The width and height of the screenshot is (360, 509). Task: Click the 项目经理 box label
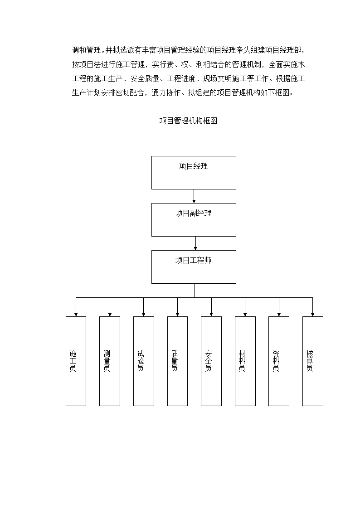[x=193, y=166]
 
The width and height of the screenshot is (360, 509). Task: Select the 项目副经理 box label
[x=193, y=213]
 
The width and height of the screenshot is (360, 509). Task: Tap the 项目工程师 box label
[x=193, y=260]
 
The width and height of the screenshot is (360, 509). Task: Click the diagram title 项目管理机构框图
[x=188, y=121]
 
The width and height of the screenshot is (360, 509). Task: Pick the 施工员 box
[x=76, y=361]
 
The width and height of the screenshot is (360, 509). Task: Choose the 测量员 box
[x=110, y=361]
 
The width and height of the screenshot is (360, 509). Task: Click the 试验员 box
[x=143, y=361]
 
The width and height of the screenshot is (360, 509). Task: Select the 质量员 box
[x=177, y=361]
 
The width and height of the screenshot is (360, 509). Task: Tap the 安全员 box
[x=211, y=361]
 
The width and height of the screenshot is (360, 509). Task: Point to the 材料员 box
[x=245, y=361]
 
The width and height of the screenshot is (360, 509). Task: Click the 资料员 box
[x=279, y=361]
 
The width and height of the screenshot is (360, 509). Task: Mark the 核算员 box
[x=312, y=361]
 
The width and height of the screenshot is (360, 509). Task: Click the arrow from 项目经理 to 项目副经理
[x=194, y=196]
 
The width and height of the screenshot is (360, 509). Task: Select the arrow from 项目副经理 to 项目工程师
[x=195, y=243]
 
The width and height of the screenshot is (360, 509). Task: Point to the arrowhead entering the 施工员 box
[x=76, y=315]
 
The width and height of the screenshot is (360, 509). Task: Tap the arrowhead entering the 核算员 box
[x=312, y=315]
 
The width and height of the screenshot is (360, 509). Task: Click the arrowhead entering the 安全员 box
[x=211, y=315]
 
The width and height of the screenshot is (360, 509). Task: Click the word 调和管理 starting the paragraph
[x=86, y=50]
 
